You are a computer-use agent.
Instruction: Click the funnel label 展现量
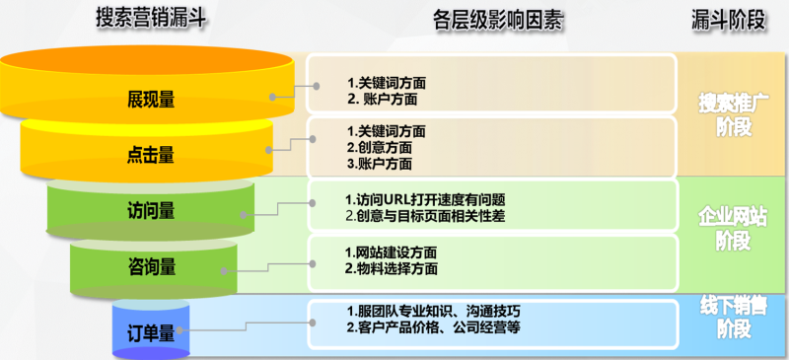[x=151, y=99]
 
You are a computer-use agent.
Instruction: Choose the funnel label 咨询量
[x=151, y=266]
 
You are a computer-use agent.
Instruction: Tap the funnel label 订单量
[x=151, y=332]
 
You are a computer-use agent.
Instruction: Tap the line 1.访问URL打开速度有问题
[x=425, y=198]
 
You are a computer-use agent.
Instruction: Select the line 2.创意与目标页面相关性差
[x=425, y=216]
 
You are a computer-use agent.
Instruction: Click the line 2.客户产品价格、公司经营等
[x=433, y=327]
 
